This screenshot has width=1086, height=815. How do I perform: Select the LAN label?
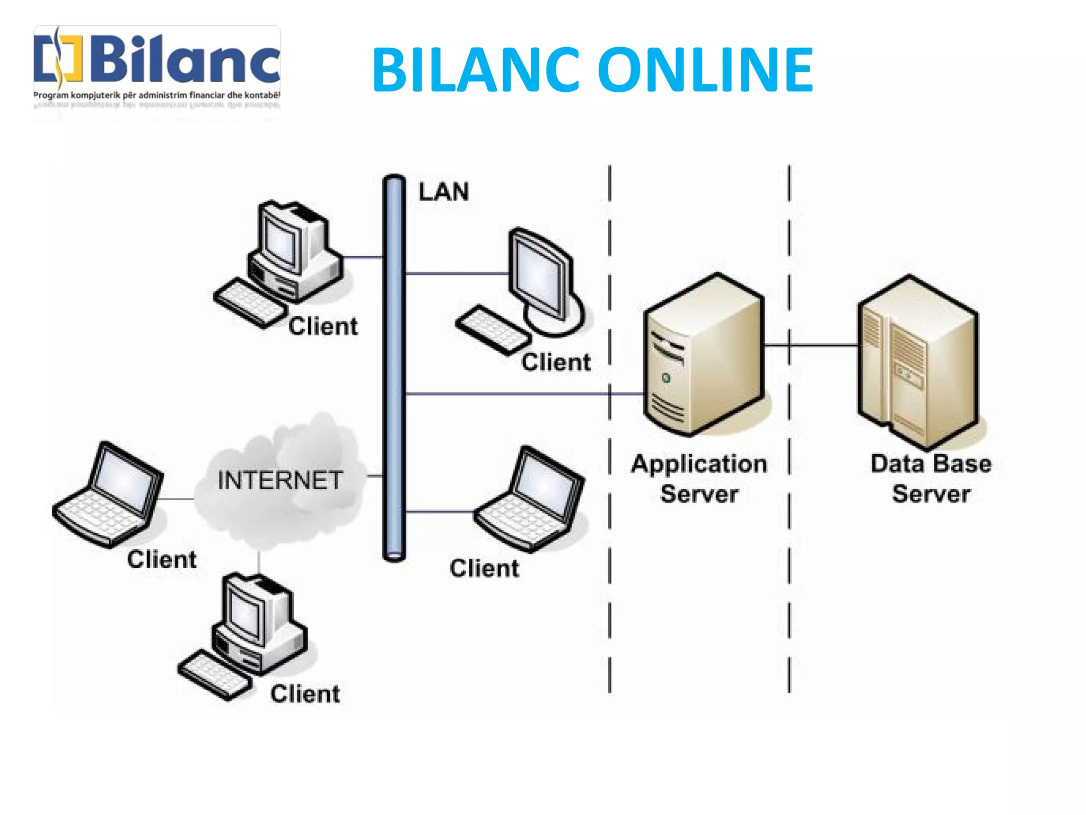(443, 192)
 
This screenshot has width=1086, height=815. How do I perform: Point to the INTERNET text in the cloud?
(280, 480)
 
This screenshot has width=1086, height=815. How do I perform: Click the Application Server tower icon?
(704, 356)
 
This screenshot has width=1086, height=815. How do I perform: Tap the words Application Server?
(699, 479)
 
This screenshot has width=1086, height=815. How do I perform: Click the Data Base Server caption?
(931, 479)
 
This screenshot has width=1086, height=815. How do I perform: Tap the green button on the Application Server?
(666, 378)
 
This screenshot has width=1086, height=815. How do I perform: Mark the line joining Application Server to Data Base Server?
(811, 345)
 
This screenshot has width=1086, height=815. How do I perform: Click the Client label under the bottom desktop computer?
(305, 694)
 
